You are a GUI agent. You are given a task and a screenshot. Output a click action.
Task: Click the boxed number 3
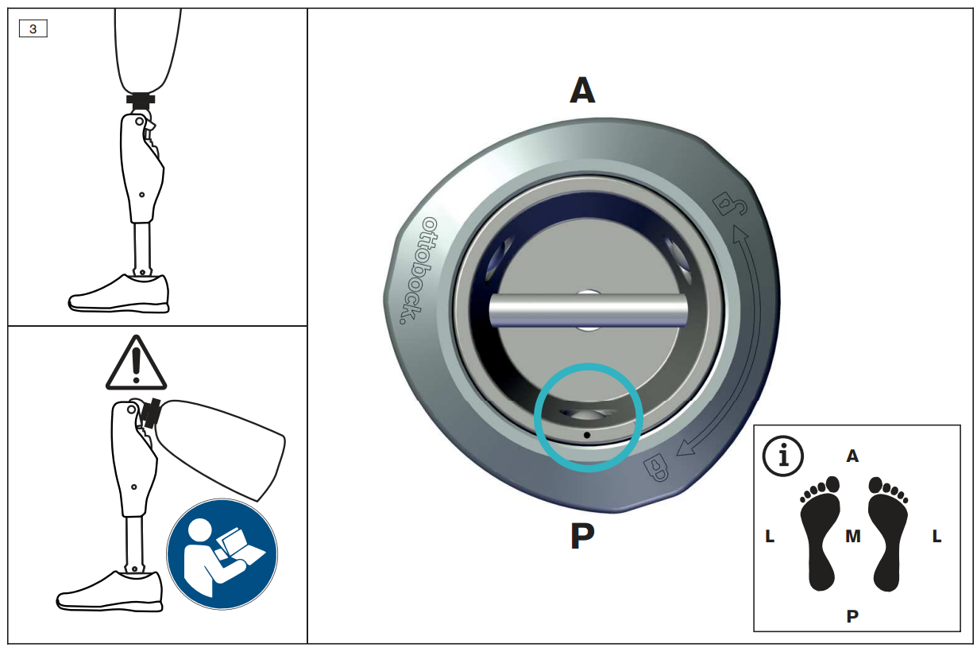[x=33, y=29]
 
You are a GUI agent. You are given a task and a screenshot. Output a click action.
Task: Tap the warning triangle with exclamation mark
[x=136, y=363]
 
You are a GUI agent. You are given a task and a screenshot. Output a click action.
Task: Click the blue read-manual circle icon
[x=222, y=553]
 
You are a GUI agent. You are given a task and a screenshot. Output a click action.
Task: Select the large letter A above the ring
[x=582, y=90]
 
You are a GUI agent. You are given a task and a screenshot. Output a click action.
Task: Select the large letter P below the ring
[x=582, y=536]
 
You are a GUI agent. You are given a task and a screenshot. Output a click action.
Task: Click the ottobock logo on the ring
[x=418, y=270]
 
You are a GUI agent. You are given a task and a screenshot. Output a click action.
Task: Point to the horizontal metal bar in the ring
[x=588, y=310]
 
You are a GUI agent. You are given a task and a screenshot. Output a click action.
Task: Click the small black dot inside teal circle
[x=587, y=435]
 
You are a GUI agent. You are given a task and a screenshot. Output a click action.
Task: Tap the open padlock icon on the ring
[x=729, y=204]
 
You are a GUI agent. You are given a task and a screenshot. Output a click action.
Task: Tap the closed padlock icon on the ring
[x=656, y=468]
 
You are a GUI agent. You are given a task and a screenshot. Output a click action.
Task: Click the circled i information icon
[x=783, y=456]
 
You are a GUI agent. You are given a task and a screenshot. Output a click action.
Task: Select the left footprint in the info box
[x=820, y=534]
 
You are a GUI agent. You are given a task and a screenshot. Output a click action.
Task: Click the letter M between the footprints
[x=853, y=536]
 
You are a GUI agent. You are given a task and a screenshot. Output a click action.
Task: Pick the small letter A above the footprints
[x=853, y=456]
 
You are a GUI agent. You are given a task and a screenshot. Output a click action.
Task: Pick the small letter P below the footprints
[x=852, y=616]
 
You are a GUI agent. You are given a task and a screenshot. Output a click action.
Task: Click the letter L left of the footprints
[x=770, y=536]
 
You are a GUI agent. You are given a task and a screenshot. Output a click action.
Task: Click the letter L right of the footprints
[x=936, y=536]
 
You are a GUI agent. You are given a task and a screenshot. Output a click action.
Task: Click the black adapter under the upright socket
[x=141, y=99]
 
